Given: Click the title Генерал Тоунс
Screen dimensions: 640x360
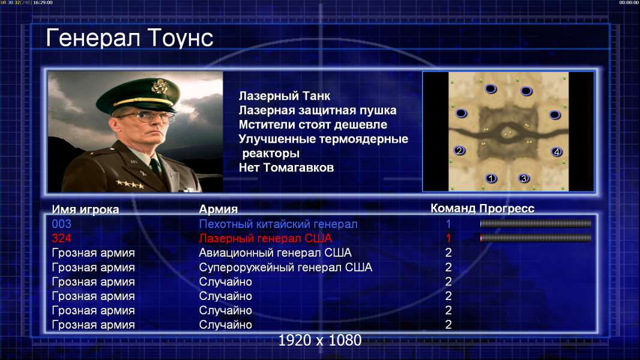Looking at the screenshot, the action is pos(130,38).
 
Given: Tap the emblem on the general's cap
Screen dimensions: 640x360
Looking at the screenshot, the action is pos(158,86).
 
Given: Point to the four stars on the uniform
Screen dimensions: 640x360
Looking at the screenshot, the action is pos(130,184).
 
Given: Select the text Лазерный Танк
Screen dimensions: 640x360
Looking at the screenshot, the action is pos(284,96).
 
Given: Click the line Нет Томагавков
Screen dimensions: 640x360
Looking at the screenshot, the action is pos(286,167).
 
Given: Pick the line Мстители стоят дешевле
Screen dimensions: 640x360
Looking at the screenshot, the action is pos(313,125).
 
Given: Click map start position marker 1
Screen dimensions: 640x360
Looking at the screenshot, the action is pos(491,178).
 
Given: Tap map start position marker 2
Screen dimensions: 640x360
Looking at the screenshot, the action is pos(459,151).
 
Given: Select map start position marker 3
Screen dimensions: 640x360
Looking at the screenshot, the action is pos(524,178).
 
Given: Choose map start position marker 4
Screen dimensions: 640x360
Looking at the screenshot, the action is pos(557,152).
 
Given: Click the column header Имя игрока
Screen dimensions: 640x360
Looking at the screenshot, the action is pos(85,209).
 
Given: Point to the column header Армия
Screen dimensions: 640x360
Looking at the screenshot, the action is pos(218,209).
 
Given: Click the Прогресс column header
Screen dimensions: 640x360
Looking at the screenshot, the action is pos(507,208).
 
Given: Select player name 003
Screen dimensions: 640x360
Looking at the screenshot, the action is pos(62,224).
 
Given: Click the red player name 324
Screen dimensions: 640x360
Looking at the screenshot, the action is pos(62,238).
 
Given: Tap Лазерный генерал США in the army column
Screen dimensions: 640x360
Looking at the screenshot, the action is pos(266,238).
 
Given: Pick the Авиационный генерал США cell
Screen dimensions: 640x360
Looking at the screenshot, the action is pos(275,253).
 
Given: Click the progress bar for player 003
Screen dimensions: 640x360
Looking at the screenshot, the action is pos(536,223).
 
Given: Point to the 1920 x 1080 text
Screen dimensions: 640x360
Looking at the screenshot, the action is pos(320,340).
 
